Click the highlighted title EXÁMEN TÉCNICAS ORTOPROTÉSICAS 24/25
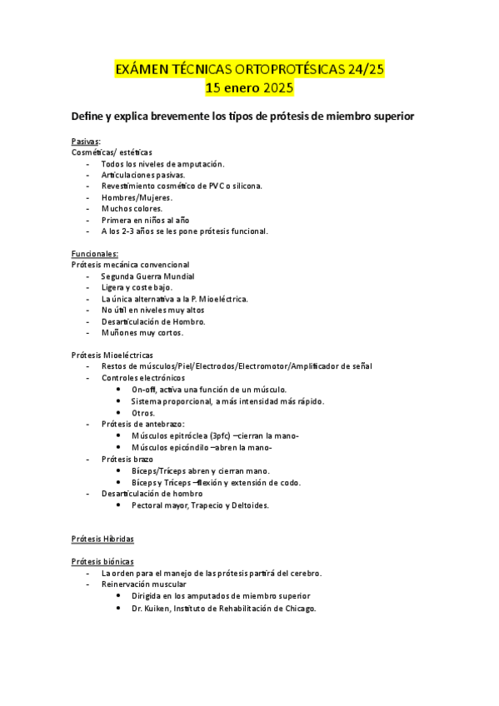point(249,70)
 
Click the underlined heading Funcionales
point(95,253)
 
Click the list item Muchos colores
point(132,208)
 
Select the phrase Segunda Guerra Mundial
point(147,276)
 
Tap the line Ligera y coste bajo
point(137,287)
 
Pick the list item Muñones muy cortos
point(142,332)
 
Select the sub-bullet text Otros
point(143,412)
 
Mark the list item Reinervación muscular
point(144,584)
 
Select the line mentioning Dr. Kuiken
point(223,608)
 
